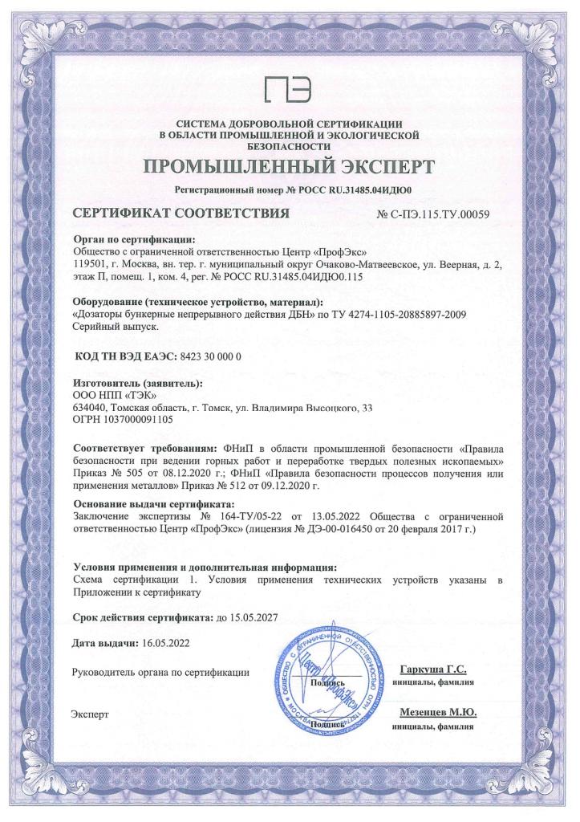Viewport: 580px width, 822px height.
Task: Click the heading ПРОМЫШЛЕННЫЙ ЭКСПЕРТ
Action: [x=290, y=167]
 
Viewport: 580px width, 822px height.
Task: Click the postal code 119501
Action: [x=89, y=262]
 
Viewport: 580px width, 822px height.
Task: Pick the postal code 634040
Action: [x=89, y=407]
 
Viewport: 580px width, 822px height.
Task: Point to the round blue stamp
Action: [x=330, y=687]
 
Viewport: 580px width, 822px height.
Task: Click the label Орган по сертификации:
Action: [x=134, y=238]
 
